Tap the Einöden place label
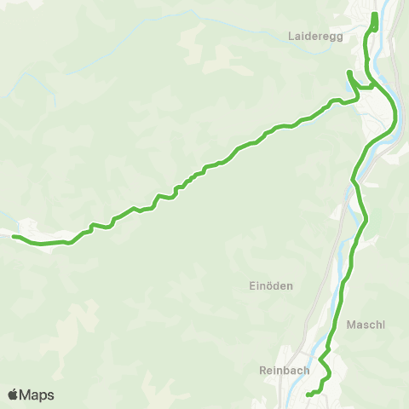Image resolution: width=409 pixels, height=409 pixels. click(x=272, y=287)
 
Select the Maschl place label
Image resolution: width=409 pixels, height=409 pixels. click(x=366, y=325)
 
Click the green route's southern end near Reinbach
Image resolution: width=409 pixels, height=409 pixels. click(x=308, y=395)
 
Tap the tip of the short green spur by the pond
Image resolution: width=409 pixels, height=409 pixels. click(x=348, y=72)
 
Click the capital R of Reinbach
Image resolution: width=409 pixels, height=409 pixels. click(x=262, y=371)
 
